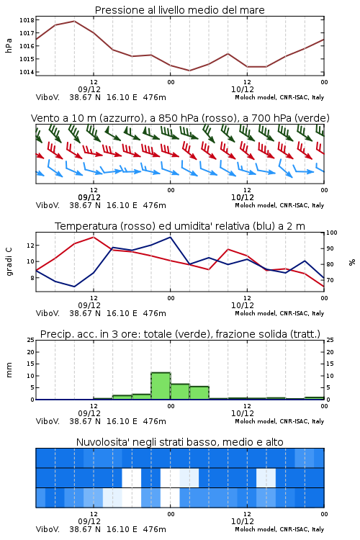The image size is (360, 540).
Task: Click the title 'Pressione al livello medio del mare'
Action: pyautogui.click(x=179, y=10)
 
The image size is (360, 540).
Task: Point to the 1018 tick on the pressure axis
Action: pyautogui.click(x=27, y=20)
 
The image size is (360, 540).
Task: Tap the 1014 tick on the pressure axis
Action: pyautogui.click(x=27, y=72)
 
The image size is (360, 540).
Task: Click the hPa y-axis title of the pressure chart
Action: pyautogui.click(x=9, y=46)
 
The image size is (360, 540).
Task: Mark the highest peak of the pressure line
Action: pyautogui.click(x=74, y=21)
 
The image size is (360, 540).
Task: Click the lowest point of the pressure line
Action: pyautogui.click(x=189, y=71)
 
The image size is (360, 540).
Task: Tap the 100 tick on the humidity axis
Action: pyautogui.click(x=332, y=233)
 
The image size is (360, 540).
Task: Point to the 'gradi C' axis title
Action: pyautogui.click(x=9, y=261)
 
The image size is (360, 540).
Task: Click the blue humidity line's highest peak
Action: pyautogui.click(x=170, y=237)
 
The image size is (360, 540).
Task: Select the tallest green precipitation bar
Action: pyautogui.click(x=161, y=386)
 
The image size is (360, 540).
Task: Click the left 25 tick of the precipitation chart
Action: pyautogui.click(x=31, y=340)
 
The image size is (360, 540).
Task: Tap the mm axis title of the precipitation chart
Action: pyautogui.click(x=9, y=370)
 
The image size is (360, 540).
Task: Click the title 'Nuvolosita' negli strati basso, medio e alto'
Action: pyautogui.click(x=179, y=442)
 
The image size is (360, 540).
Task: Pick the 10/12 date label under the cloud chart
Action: pyautogui.click(x=243, y=521)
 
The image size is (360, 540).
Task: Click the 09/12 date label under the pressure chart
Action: pyautogui.click(x=89, y=89)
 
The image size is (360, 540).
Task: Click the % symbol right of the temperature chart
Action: pyautogui.click(x=352, y=262)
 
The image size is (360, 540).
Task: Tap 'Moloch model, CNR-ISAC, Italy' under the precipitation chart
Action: pyautogui.click(x=279, y=421)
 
